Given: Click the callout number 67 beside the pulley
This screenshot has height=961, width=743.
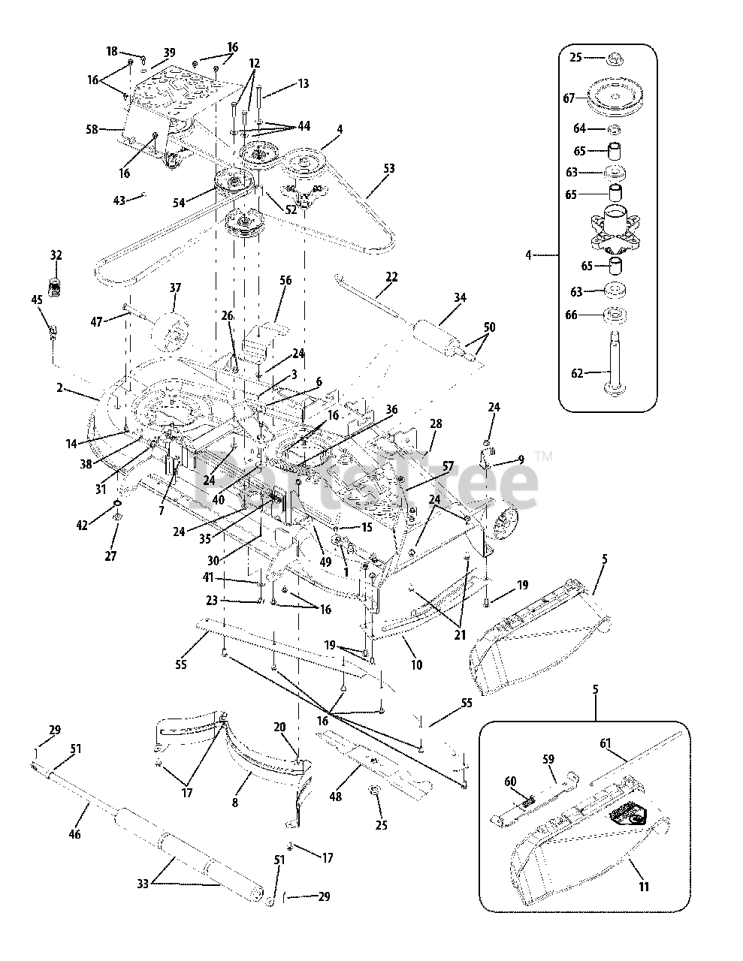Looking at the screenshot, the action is pyautogui.click(x=569, y=98).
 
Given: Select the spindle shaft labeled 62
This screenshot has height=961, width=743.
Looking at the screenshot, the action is pyautogui.click(x=615, y=361).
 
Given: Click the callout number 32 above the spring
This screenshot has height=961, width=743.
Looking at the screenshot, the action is pyautogui.click(x=56, y=255).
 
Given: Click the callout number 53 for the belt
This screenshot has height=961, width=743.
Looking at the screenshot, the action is pyautogui.click(x=388, y=168).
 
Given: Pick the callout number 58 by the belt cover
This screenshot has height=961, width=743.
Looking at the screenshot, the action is pyautogui.click(x=92, y=130).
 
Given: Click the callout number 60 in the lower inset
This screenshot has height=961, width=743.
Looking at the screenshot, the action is pyautogui.click(x=510, y=782).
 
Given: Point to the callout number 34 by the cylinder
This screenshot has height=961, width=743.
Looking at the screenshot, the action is pyautogui.click(x=460, y=297).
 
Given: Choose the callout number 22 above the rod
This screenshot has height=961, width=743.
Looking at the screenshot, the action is pyautogui.click(x=391, y=277).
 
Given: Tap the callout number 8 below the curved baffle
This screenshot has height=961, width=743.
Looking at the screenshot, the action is pyautogui.click(x=235, y=803).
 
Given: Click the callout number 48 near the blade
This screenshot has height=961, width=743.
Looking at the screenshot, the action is pyautogui.click(x=336, y=797).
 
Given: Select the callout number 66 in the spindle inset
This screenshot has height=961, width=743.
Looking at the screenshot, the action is pyautogui.click(x=571, y=315).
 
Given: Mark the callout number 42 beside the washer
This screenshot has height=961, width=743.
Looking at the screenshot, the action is pyautogui.click(x=83, y=525).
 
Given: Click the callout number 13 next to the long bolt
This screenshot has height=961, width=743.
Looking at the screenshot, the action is pyautogui.click(x=303, y=83).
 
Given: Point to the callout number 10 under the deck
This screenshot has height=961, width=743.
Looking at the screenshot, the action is pyautogui.click(x=416, y=664).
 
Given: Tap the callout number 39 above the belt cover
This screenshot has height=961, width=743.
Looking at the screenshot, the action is pyautogui.click(x=170, y=53).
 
